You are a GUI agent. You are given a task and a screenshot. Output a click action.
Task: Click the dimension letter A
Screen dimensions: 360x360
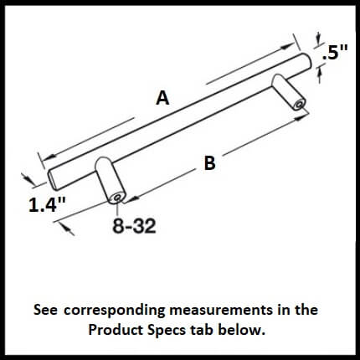coord(162,98)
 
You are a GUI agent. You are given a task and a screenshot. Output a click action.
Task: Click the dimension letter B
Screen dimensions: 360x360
coord(210,163)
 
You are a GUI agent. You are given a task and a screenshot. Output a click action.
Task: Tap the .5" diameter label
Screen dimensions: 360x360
coord(335,52)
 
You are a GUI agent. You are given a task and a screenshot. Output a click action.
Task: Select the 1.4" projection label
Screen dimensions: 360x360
coord(47,205)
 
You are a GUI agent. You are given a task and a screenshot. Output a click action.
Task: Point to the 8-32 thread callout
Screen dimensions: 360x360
coord(134,225)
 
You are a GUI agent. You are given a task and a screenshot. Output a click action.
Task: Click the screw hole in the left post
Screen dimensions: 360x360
coord(117,198)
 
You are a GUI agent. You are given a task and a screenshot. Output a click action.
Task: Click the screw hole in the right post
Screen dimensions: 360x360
coord(299,105)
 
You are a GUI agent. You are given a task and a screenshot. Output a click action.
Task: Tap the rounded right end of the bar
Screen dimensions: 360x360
coord(306,60)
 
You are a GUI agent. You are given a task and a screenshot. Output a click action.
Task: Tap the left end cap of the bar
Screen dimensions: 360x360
coord(52,179)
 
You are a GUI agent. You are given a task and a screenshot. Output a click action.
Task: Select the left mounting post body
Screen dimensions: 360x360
coord(109,178)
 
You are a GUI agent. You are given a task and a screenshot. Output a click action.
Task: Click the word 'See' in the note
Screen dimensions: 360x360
coord(46,311)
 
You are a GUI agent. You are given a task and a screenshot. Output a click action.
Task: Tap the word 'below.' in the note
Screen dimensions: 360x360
coord(241,330)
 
